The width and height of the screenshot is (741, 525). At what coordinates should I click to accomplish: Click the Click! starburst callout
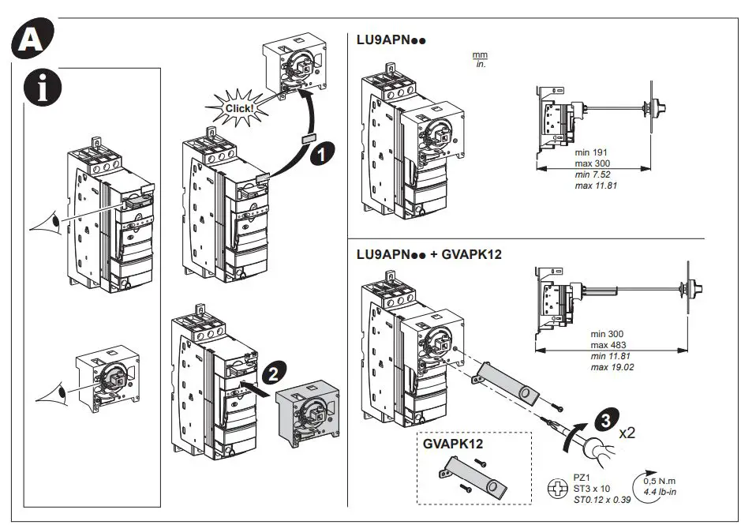coord(238,108)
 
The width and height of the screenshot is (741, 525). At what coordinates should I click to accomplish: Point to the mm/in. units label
coord(480,59)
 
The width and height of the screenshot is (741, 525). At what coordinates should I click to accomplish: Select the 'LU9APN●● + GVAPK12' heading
coord(429,254)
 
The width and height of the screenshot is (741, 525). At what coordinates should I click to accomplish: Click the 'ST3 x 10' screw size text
coord(592,489)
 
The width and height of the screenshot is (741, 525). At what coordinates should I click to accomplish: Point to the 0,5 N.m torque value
coord(661,481)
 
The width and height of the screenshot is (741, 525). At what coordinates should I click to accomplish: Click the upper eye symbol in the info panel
coord(47,225)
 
